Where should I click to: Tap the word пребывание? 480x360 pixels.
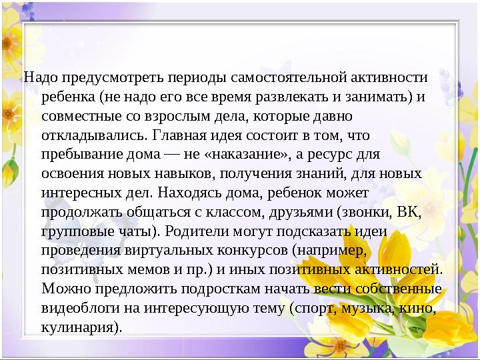(78, 155)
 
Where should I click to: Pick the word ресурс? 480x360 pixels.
(338, 155)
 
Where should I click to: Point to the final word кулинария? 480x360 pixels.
(80, 327)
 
